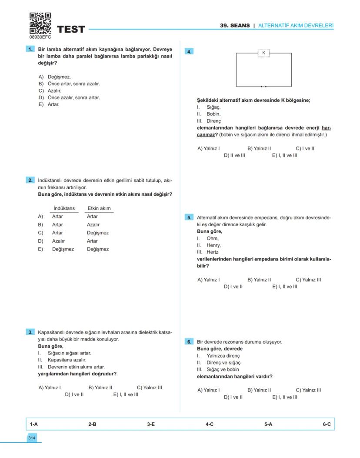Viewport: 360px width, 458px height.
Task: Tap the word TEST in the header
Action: pyautogui.click(x=71, y=30)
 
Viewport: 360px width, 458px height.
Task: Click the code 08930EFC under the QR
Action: pyautogui.click(x=40, y=37)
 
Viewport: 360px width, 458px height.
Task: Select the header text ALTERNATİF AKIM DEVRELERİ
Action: pyautogui.click(x=296, y=26)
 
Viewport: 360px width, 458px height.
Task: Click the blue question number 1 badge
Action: pyautogui.click(x=30, y=50)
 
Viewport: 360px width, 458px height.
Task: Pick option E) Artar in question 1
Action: pyautogui.click(x=49, y=104)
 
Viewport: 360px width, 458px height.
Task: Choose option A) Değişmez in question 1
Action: pyautogui.click(x=55, y=77)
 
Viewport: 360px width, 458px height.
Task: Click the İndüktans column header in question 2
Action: pyautogui.click(x=64, y=208)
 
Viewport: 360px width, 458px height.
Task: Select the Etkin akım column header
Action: pyautogui.click(x=99, y=208)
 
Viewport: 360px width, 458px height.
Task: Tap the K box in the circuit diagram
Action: pyautogui.click(x=263, y=53)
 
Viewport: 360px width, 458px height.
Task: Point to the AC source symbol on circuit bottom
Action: pyautogui.click(x=263, y=87)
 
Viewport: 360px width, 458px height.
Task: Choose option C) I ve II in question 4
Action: pyautogui.click(x=305, y=148)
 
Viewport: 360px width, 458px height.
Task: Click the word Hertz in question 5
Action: pyautogui.click(x=213, y=252)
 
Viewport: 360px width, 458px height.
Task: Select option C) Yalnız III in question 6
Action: pyautogui.click(x=308, y=390)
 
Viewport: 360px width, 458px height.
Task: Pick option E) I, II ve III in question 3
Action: pyautogui.click(x=126, y=394)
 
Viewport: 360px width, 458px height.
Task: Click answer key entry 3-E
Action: pyautogui.click(x=151, y=424)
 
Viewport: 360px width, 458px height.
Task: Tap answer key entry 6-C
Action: pyautogui.click(x=327, y=424)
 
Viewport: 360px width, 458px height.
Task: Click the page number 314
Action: pyautogui.click(x=32, y=438)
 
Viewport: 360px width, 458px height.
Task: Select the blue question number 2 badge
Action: pyautogui.click(x=30, y=180)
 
